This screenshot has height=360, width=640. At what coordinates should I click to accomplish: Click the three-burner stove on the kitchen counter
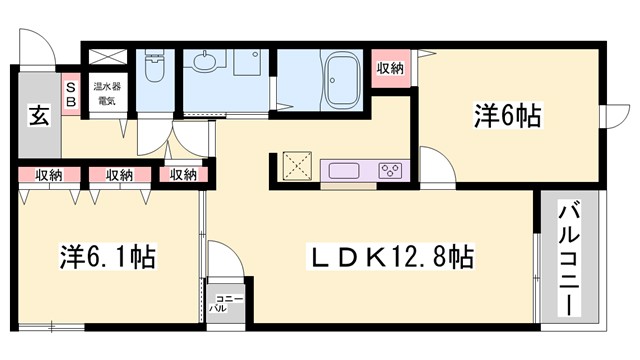coord(389,168)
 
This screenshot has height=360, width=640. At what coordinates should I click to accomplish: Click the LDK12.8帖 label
coord(388,258)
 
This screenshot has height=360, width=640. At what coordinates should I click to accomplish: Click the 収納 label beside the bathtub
coord(390,68)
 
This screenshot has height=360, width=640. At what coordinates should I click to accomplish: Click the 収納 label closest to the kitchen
coord(183,175)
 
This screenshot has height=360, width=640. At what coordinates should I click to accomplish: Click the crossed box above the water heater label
coord(103,60)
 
